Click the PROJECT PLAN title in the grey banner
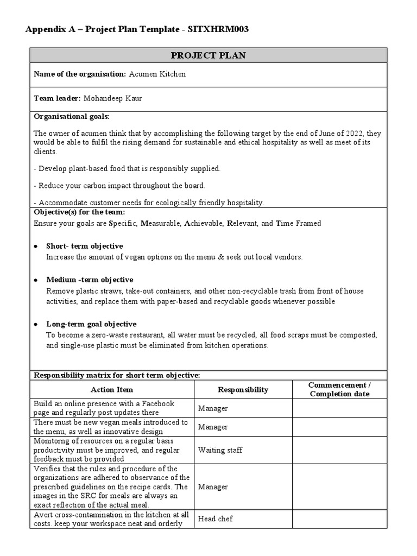click(x=208, y=55)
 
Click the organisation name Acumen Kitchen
click(x=157, y=74)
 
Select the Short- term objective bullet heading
click(x=84, y=246)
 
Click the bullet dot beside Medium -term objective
click(x=36, y=280)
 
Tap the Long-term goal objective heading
click(x=91, y=324)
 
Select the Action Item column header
click(x=112, y=389)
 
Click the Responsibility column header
click(x=243, y=389)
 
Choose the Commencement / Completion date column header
click(x=339, y=389)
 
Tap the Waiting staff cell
click(x=220, y=450)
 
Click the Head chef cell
click(x=215, y=519)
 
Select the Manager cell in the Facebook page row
click(x=213, y=408)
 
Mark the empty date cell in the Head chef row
click(x=339, y=519)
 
